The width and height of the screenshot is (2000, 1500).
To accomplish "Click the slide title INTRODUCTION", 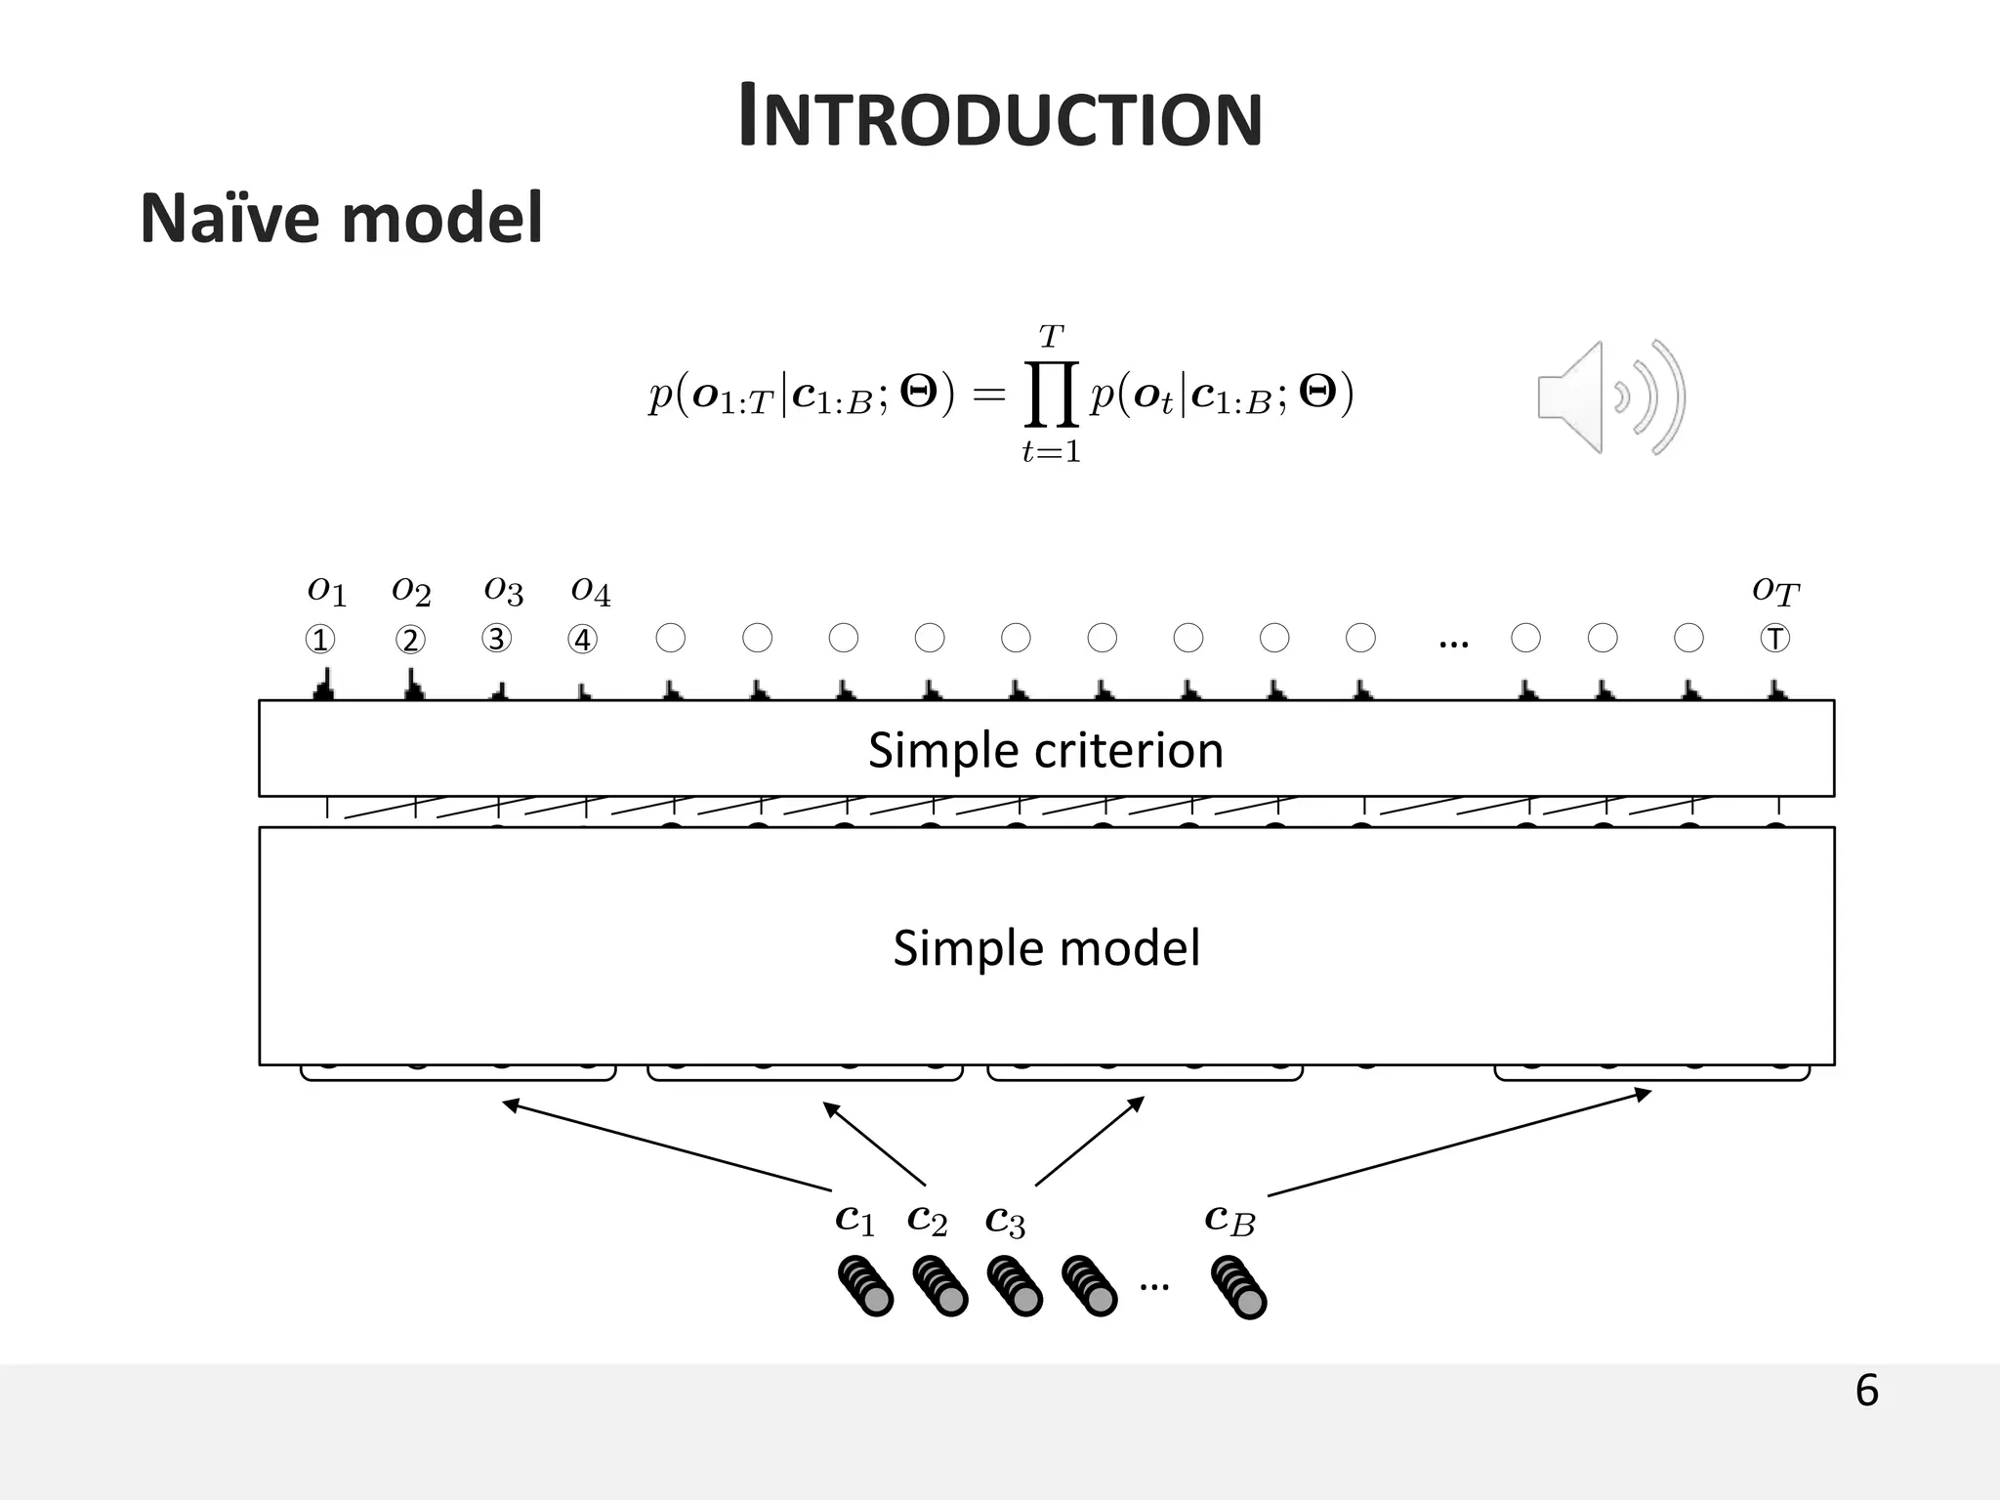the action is (x=1000, y=117).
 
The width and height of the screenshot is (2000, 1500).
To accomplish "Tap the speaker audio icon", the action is (x=1611, y=397).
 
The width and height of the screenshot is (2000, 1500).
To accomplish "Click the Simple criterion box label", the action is (x=1046, y=750).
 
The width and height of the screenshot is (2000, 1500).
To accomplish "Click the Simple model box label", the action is (x=1046, y=948).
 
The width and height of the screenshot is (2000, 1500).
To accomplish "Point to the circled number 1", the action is (x=320, y=640).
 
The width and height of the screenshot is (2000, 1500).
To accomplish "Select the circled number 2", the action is (x=410, y=640).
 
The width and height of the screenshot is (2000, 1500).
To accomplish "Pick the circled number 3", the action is (x=496, y=639).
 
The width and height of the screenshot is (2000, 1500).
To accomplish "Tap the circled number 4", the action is (x=583, y=640).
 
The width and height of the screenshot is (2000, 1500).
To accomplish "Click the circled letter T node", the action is (x=1774, y=639).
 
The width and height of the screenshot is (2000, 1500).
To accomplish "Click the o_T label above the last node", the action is (x=1775, y=591).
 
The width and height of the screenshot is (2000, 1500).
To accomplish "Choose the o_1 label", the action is (x=326, y=591).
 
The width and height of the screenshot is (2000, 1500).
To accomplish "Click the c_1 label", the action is (x=854, y=1220).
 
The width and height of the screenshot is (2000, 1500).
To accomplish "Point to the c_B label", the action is (x=1229, y=1220).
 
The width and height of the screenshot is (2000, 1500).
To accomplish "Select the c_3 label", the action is (x=1005, y=1221).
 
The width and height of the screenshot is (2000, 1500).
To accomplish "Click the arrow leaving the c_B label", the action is (x=1460, y=1143).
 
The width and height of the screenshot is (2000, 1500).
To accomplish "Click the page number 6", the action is (x=1866, y=1391).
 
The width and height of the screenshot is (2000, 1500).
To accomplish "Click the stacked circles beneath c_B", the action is (x=1238, y=1287).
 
